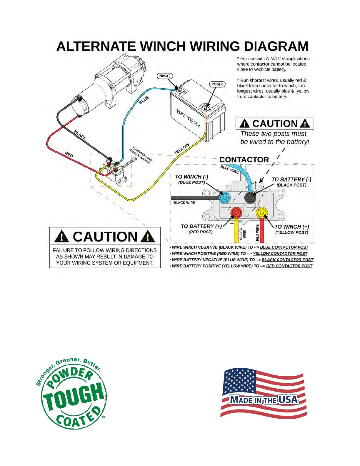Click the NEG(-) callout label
click(165, 76)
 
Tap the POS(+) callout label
click(217, 84)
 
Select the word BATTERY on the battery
click(189, 118)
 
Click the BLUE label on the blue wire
click(144, 100)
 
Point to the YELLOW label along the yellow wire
click(181, 149)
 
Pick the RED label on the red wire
click(69, 154)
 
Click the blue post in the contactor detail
click(224, 198)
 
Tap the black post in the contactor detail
click(250, 197)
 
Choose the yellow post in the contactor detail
click(261, 212)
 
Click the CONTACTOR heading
click(244, 160)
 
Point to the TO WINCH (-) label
click(191, 177)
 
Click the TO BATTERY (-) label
click(291, 179)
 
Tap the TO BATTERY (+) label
click(201, 226)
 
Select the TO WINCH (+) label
click(292, 227)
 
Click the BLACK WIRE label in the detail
click(184, 203)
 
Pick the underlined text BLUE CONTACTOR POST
click(284, 247)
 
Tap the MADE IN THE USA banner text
click(264, 400)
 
